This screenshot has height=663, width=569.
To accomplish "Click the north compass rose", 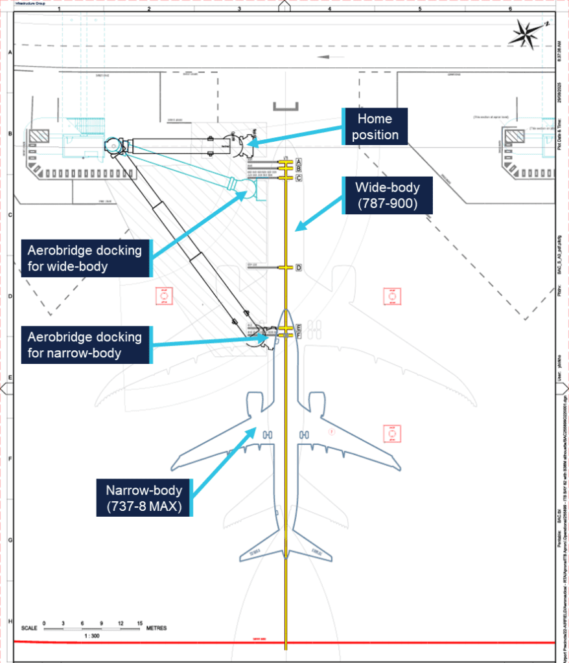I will pos(529,33).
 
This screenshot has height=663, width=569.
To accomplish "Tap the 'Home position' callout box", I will pos(375,127).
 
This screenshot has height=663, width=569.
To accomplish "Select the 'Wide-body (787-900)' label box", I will pos(387,196).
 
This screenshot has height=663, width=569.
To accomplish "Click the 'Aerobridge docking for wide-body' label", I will pos(85,258).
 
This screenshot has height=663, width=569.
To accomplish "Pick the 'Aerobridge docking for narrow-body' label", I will pos(85,345).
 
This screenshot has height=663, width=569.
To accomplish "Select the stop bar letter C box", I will pos(299,177).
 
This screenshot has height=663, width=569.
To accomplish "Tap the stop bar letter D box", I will pos(299,267).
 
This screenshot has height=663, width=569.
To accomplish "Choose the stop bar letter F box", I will pos(299,335).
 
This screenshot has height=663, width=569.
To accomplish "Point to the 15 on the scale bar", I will pos(139,622).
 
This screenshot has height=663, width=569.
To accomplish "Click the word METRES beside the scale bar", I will pos(156,628).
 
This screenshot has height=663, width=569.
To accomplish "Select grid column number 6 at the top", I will pos(510,9).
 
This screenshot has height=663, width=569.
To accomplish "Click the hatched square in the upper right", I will pos(517,135).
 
